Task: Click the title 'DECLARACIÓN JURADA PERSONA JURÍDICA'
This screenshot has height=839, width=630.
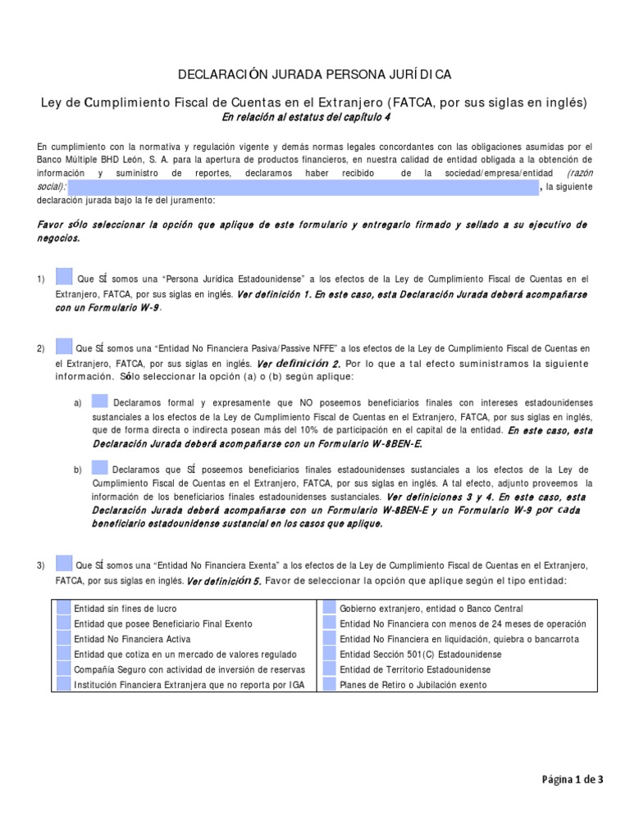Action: (x=315, y=75)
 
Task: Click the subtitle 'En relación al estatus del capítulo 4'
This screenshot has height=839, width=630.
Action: (x=315, y=117)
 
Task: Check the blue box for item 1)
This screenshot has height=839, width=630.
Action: (x=64, y=277)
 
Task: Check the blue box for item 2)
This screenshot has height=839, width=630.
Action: (x=64, y=347)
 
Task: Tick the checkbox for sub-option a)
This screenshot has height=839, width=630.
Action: (x=99, y=401)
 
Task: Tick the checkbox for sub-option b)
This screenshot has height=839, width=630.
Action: (x=99, y=468)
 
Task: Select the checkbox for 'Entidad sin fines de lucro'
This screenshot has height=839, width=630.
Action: (x=63, y=609)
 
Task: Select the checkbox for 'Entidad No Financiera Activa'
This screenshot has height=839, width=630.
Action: (x=63, y=638)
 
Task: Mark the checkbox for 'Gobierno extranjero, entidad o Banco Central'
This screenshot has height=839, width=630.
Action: (x=329, y=609)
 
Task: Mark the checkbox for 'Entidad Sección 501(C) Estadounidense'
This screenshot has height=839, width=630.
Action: (x=329, y=654)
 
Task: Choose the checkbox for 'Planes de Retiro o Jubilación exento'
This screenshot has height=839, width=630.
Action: (x=329, y=684)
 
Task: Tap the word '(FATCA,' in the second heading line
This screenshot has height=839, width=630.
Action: (x=395, y=102)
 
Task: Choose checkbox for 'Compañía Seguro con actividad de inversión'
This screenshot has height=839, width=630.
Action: (x=63, y=669)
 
